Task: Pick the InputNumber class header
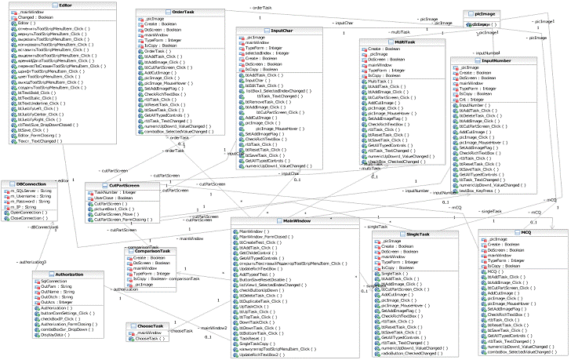(496, 60)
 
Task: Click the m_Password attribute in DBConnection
(30, 202)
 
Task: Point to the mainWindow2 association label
(213, 327)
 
